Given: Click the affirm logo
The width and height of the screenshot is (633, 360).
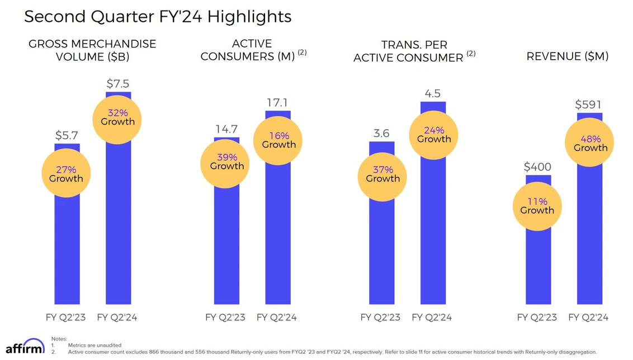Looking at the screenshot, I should click(x=25, y=347).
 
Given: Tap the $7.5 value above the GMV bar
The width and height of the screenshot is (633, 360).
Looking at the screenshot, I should click(x=118, y=84).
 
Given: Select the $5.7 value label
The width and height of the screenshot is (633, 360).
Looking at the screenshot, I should click(x=67, y=135).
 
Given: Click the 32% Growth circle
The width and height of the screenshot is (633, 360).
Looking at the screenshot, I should click(x=118, y=117).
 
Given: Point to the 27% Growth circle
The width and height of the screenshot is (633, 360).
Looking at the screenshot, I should click(x=66, y=174).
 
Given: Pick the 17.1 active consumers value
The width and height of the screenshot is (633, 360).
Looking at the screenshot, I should click(x=278, y=103).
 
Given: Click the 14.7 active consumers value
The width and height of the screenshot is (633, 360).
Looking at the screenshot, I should click(x=227, y=130).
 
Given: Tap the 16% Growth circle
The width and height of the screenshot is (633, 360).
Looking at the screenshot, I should click(x=278, y=140).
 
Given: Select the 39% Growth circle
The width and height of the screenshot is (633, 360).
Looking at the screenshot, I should click(x=227, y=162).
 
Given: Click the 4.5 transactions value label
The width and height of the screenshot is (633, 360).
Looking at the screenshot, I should click(x=433, y=93).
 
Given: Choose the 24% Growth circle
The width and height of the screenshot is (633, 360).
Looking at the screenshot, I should click(x=434, y=135).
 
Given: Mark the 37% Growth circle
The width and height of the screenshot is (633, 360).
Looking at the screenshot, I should click(x=382, y=174).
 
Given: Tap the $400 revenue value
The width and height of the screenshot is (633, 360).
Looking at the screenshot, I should click(x=537, y=167).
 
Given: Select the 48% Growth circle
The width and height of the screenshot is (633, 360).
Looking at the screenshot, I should click(x=591, y=144).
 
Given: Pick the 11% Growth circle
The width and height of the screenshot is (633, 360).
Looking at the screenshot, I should click(x=537, y=206).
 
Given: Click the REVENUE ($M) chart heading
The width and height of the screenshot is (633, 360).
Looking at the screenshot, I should click(x=568, y=56).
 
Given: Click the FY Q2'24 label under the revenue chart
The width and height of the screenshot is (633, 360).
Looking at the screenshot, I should click(x=588, y=318).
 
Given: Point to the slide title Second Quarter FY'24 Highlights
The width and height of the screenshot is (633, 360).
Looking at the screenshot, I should click(x=158, y=16).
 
